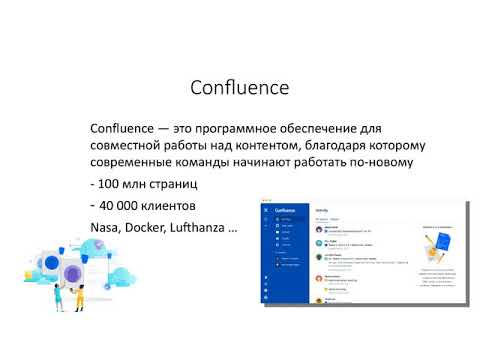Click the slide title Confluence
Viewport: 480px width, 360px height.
(239, 88)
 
